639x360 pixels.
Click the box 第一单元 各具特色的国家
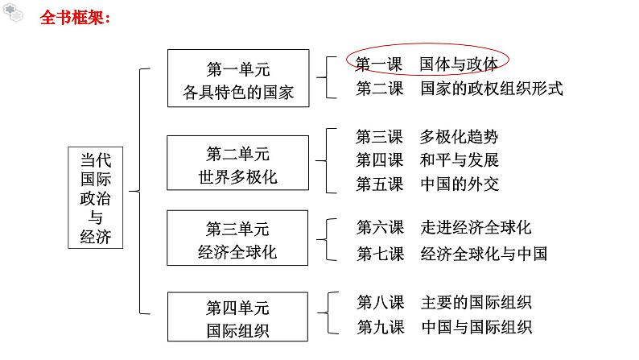tap(237, 78)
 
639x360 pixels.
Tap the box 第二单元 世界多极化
tap(237, 164)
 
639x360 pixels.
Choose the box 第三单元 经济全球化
tap(237, 239)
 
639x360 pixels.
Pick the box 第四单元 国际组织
tap(237, 319)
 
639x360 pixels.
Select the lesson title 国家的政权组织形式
tap(491, 89)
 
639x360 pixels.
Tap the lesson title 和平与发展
tap(459, 159)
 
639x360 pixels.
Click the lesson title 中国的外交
tap(459, 184)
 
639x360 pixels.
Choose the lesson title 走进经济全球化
tap(475, 228)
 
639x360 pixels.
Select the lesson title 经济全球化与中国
tap(483, 254)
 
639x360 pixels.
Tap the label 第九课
tap(380, 326)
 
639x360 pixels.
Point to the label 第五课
tap(380, 184)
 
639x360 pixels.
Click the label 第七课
tap(380, 254)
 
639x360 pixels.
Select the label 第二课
tap(380, 89)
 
